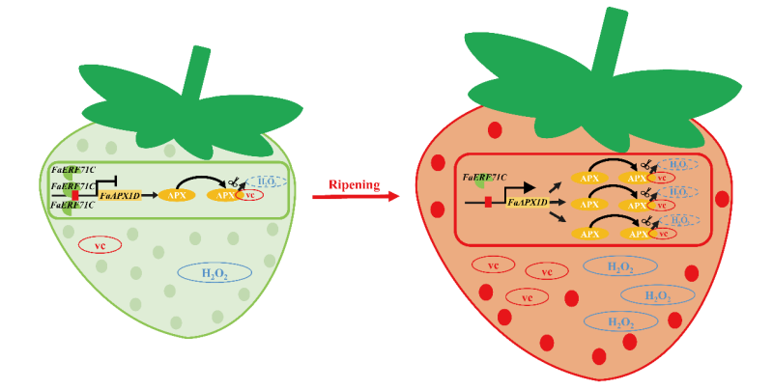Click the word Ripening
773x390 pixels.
coord(355,184)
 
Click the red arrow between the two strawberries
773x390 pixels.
coord(356,198)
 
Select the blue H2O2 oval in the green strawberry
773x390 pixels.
coord(215,273)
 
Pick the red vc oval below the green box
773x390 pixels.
coord(100,244)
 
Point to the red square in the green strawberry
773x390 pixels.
coord(75,195)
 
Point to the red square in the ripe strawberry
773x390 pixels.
coord(488,202)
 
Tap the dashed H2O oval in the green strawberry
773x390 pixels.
coord(266,181)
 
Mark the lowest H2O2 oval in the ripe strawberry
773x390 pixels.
coord(618,321)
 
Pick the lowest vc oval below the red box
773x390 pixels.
coord(528,297)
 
